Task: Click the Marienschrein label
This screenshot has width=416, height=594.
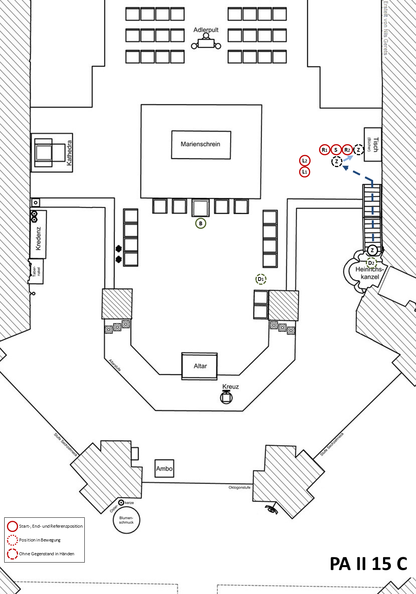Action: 201,144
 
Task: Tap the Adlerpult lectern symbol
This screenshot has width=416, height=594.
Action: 206,43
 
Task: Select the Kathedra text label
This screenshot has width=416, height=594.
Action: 69,153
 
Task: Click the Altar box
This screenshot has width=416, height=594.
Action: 200,366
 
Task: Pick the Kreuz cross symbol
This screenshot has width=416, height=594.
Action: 226,397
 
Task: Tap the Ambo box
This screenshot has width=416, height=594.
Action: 164,468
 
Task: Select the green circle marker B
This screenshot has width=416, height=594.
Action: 201,223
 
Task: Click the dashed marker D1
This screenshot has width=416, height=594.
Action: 261,279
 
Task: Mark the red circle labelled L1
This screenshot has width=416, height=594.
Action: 304,172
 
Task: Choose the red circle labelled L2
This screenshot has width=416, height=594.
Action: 304,161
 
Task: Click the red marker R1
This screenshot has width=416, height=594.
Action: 324,150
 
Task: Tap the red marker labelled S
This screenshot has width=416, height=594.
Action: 336,150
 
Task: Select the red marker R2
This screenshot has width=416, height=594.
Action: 347,150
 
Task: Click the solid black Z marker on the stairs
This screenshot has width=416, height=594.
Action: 372,250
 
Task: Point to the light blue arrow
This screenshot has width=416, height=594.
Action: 348,158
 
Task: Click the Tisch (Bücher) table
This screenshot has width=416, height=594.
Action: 373,144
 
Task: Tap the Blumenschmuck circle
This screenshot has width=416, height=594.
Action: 126,520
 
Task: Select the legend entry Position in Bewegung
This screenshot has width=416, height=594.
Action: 39,540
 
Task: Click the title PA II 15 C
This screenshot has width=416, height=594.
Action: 368,564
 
